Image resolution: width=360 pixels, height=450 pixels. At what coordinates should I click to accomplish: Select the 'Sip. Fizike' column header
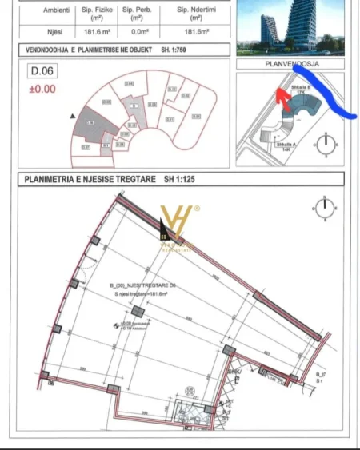[100, 12]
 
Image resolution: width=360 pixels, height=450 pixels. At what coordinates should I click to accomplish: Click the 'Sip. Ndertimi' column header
[195, 12]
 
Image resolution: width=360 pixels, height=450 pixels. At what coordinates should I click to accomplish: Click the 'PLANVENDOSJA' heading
[292, 62]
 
